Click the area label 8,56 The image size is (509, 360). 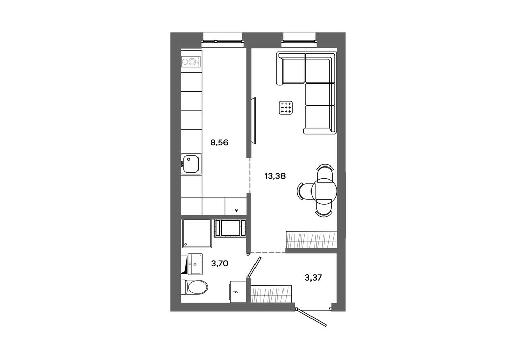[219, 142]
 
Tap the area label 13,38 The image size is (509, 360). [275, 176]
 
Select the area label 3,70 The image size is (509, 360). [219, 264]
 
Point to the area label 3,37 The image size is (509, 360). [313, 278]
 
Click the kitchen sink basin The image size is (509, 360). [191, 164]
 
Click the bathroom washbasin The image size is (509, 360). [195, 264]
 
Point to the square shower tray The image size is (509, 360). [196, 234]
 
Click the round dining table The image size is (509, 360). [324, 191]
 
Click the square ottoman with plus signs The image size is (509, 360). [286, 107]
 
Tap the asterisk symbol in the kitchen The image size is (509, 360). [236, 211]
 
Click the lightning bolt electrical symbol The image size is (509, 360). [236, 292]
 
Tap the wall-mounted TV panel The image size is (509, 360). [254, 121]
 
